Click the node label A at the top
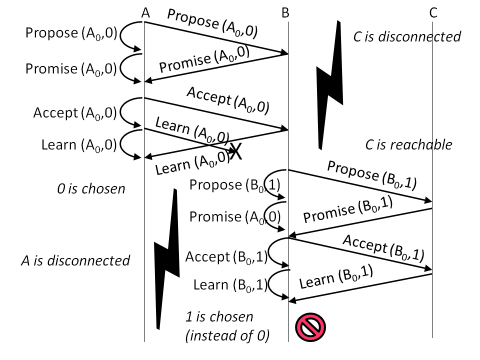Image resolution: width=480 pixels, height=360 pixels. (x=145, y=13)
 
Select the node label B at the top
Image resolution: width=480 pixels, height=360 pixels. (x=285, y=13)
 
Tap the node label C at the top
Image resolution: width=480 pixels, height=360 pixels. (x=433, y=13)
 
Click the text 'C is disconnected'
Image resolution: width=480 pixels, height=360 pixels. (x=406, y=36)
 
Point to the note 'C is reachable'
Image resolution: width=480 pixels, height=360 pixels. (x=408, y=145)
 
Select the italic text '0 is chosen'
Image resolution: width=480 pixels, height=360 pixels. (x=91, y=189)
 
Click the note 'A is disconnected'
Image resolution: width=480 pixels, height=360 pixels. (x=75, y=260)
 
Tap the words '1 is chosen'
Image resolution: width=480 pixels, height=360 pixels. (x=219, y=317)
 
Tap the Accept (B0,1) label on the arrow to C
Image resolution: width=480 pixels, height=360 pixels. (x=382, y=248)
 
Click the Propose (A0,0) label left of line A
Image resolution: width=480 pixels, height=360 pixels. (x=71, y=33)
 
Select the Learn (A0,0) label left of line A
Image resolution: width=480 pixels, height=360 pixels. (x=79, y=145)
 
